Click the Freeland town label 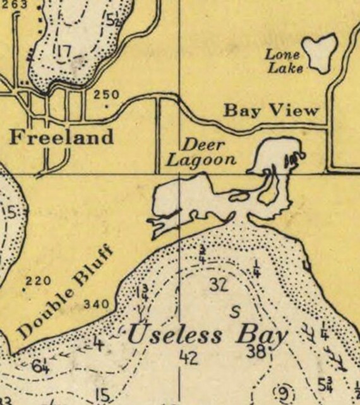click(61, 137)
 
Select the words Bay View click(272, 111)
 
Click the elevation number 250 click(106, 95)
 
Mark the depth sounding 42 click(188, 358)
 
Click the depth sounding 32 click(219, 286)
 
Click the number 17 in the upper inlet click(63, 50)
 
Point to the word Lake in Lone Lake click(285, 68)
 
